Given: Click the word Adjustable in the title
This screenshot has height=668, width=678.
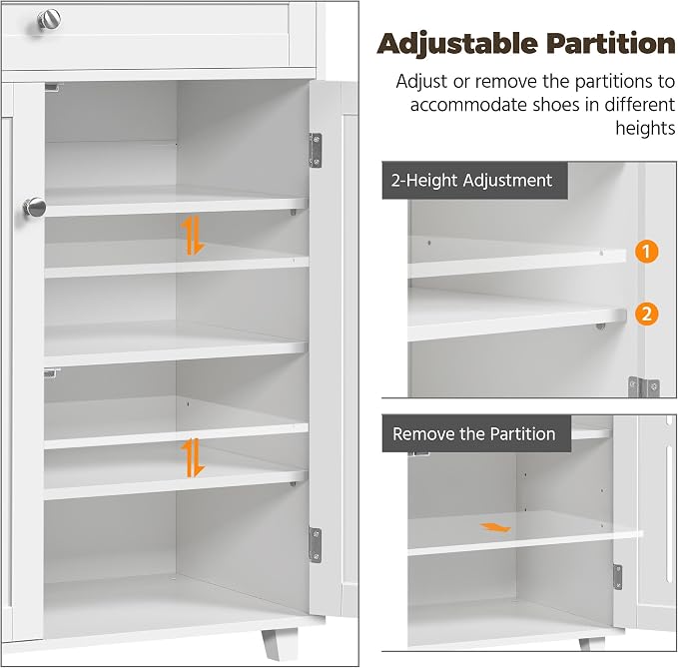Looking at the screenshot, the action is [457, 45].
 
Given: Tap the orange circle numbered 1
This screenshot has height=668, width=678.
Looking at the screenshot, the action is [646, 252].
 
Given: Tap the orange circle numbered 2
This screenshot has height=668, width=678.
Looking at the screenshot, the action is [646, 314].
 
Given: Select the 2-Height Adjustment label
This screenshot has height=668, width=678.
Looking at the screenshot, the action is [474, 181].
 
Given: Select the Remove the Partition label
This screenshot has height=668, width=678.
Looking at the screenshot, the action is [476, 433].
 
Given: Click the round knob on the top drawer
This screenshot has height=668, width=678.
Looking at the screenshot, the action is [49, 19].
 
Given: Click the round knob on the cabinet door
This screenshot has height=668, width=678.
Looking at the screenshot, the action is [34, 208].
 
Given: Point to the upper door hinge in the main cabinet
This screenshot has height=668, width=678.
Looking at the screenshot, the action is [316, 150].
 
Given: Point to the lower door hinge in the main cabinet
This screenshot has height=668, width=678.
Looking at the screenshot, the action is [316, 545].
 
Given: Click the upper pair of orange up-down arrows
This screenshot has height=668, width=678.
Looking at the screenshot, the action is [192, 235].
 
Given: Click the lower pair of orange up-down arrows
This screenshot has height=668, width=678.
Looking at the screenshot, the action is [192, 457].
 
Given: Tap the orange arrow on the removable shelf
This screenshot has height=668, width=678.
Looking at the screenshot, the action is [495, 527].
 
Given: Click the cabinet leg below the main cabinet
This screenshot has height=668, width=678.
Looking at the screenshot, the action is [279, 643].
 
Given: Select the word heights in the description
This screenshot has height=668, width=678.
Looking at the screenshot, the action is [645, 129].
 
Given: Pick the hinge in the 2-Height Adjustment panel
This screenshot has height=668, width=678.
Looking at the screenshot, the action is [644, 386].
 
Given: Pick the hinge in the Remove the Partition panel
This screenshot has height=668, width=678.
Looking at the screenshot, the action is [617, 577].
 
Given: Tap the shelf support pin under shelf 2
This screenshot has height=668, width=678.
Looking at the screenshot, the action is [600, 326].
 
